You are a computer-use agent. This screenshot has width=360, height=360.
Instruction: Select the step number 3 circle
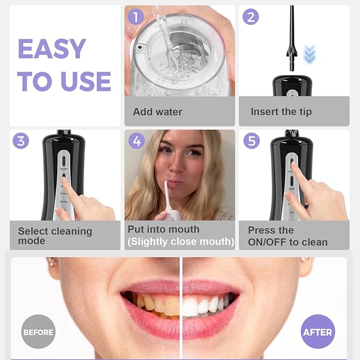point(21,141)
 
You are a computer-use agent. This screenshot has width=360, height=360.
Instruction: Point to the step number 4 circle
point(137,141)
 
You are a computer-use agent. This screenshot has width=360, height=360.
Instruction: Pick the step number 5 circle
point(250,141)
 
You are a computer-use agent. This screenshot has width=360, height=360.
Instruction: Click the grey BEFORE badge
point(38,332)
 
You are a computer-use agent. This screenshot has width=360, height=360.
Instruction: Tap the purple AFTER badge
point(318,332)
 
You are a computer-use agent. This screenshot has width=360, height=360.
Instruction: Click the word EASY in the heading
point(51,49)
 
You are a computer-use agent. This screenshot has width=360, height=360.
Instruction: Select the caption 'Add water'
point(157,112)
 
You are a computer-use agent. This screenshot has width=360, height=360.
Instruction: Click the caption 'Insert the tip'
point(281,112)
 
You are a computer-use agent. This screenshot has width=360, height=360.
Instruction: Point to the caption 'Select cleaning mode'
point(55,236)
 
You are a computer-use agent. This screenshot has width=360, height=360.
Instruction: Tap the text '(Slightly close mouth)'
point(180,242)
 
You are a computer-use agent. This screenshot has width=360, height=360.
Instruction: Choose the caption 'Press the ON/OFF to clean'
point(287,236)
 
